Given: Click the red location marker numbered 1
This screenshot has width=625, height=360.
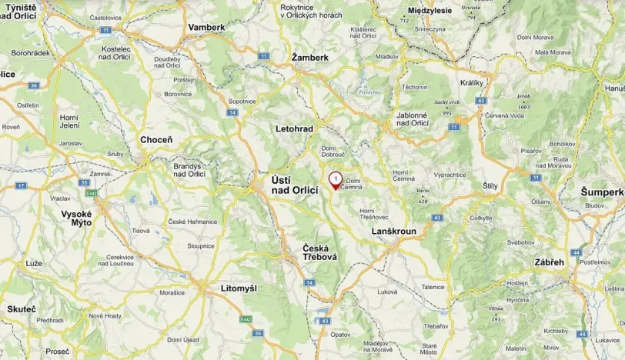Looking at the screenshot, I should [x=336, y=180].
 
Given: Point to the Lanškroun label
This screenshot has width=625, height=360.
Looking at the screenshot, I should [x=393, y=232].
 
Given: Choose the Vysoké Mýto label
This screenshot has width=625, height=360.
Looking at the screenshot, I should [x=76, y=218].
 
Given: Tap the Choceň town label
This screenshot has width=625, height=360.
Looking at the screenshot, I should [x=156, y=140].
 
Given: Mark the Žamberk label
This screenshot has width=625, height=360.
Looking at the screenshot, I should [x=310, y=58].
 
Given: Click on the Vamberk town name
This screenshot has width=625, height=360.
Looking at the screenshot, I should [x=206, y=27].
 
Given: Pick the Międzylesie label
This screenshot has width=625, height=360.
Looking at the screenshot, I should [x=429, y=11].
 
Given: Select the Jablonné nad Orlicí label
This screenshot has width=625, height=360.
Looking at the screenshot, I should [x=412, y=118].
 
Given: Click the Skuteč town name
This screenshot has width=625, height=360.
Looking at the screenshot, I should [x=22, y=308].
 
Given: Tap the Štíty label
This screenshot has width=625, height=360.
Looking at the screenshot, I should [x=490, y=186].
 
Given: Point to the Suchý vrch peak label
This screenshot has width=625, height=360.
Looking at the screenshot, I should [x=447, y=102].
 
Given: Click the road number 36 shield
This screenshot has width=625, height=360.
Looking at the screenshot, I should [x=33, y=85].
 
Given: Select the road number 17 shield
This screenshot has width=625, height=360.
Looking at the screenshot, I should [x=21, y=186].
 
